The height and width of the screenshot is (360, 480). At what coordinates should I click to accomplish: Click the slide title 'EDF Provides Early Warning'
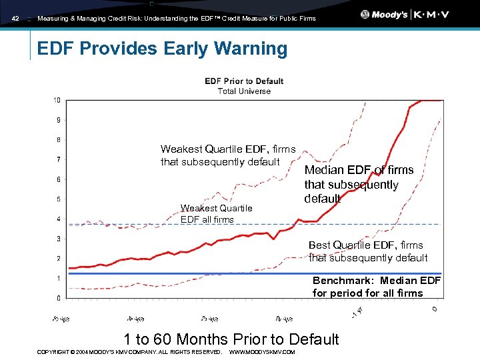pos(162,49)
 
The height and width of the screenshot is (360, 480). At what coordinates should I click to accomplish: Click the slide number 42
pos(16,19)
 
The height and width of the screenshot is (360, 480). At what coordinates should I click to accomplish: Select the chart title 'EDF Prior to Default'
pos(244,81)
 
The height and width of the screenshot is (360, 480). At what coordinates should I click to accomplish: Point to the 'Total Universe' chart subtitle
pos(244,91)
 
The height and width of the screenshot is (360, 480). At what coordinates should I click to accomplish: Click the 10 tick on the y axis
pos(57,100)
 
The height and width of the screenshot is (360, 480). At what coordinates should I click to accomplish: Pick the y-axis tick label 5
pos(59,199)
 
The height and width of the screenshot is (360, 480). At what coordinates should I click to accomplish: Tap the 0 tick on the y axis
pos(59,298)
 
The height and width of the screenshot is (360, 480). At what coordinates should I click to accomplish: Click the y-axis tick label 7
pos(59,160)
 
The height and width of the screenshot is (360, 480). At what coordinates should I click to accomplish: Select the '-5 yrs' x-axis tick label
pos(61,317)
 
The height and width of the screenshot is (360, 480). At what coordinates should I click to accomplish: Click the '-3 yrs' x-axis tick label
pos(209,317)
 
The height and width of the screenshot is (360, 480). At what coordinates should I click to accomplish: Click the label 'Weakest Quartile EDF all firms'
pos(216,213)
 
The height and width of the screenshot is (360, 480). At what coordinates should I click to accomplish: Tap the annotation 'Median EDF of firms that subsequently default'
pos(359,185)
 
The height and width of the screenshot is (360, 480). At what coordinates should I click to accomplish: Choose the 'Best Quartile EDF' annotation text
pos(368,251)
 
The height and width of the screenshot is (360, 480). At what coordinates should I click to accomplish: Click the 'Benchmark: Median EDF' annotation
pos(377,287)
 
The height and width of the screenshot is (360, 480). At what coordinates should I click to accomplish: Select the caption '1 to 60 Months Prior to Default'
pos(231,339)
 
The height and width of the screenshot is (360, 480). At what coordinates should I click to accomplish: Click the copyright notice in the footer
pos(129,351)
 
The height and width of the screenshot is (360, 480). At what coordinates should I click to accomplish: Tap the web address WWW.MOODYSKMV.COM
pos(261,351)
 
